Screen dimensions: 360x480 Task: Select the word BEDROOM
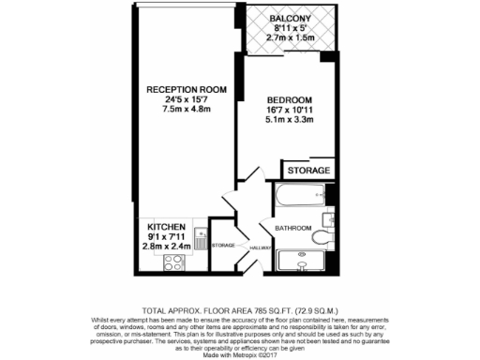[x=288, y=100]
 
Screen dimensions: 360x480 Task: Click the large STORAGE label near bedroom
[x=307, y=171]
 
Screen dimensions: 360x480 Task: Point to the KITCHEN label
[x=166, y=228]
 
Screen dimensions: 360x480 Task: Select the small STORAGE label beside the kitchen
[x=223, y=245]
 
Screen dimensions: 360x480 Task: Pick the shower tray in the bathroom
[x=303, y=262]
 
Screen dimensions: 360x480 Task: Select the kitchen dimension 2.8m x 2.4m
[x=166, y=247]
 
